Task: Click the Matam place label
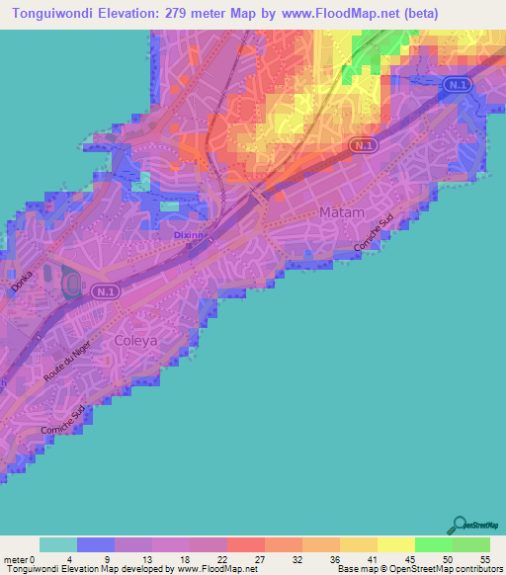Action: tap(343, 212)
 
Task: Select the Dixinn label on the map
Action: tap(182, 237)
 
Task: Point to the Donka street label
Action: tap(22, 280)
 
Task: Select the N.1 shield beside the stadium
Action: tap(105, 291)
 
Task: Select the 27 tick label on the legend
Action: tap(258, 559)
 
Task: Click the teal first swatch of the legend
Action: tap(58, 544)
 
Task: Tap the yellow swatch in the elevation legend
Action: tap(395, 544)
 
